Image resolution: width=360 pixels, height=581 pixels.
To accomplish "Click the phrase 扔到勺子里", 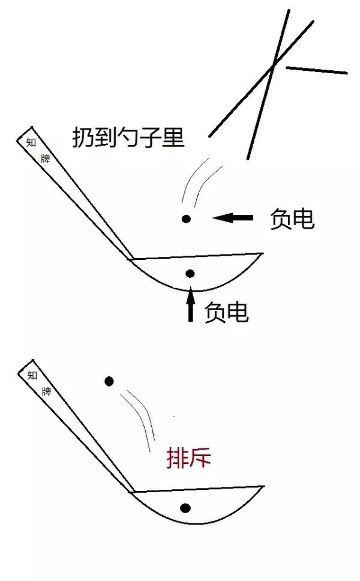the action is point(128,138).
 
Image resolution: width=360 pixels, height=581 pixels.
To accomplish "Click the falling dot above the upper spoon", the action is point(187,219).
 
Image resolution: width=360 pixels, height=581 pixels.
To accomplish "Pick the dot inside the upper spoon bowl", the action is point(190,274).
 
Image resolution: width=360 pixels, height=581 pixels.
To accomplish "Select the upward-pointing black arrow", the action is point(191,305).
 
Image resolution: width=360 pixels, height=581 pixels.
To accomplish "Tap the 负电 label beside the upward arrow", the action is point(226,312).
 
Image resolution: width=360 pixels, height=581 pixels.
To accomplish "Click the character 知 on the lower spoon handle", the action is point(32,375).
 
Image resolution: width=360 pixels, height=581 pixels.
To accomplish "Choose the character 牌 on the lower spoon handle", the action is point(46,392).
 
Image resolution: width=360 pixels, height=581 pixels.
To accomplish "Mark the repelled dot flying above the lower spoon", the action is point(109,381).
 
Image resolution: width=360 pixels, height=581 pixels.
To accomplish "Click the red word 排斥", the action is point(188,459).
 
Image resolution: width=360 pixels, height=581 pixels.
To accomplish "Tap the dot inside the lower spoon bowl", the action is point(185,508).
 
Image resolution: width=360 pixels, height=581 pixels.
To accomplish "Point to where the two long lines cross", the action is point(274,65).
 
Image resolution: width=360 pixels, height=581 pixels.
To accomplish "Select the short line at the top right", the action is point(317,70).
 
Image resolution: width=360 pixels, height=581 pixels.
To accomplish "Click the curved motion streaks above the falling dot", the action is point(197,179).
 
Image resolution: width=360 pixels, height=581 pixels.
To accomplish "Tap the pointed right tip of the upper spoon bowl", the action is point(262,254).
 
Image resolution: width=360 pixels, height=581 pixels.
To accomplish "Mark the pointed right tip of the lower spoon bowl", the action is point(263,487).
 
